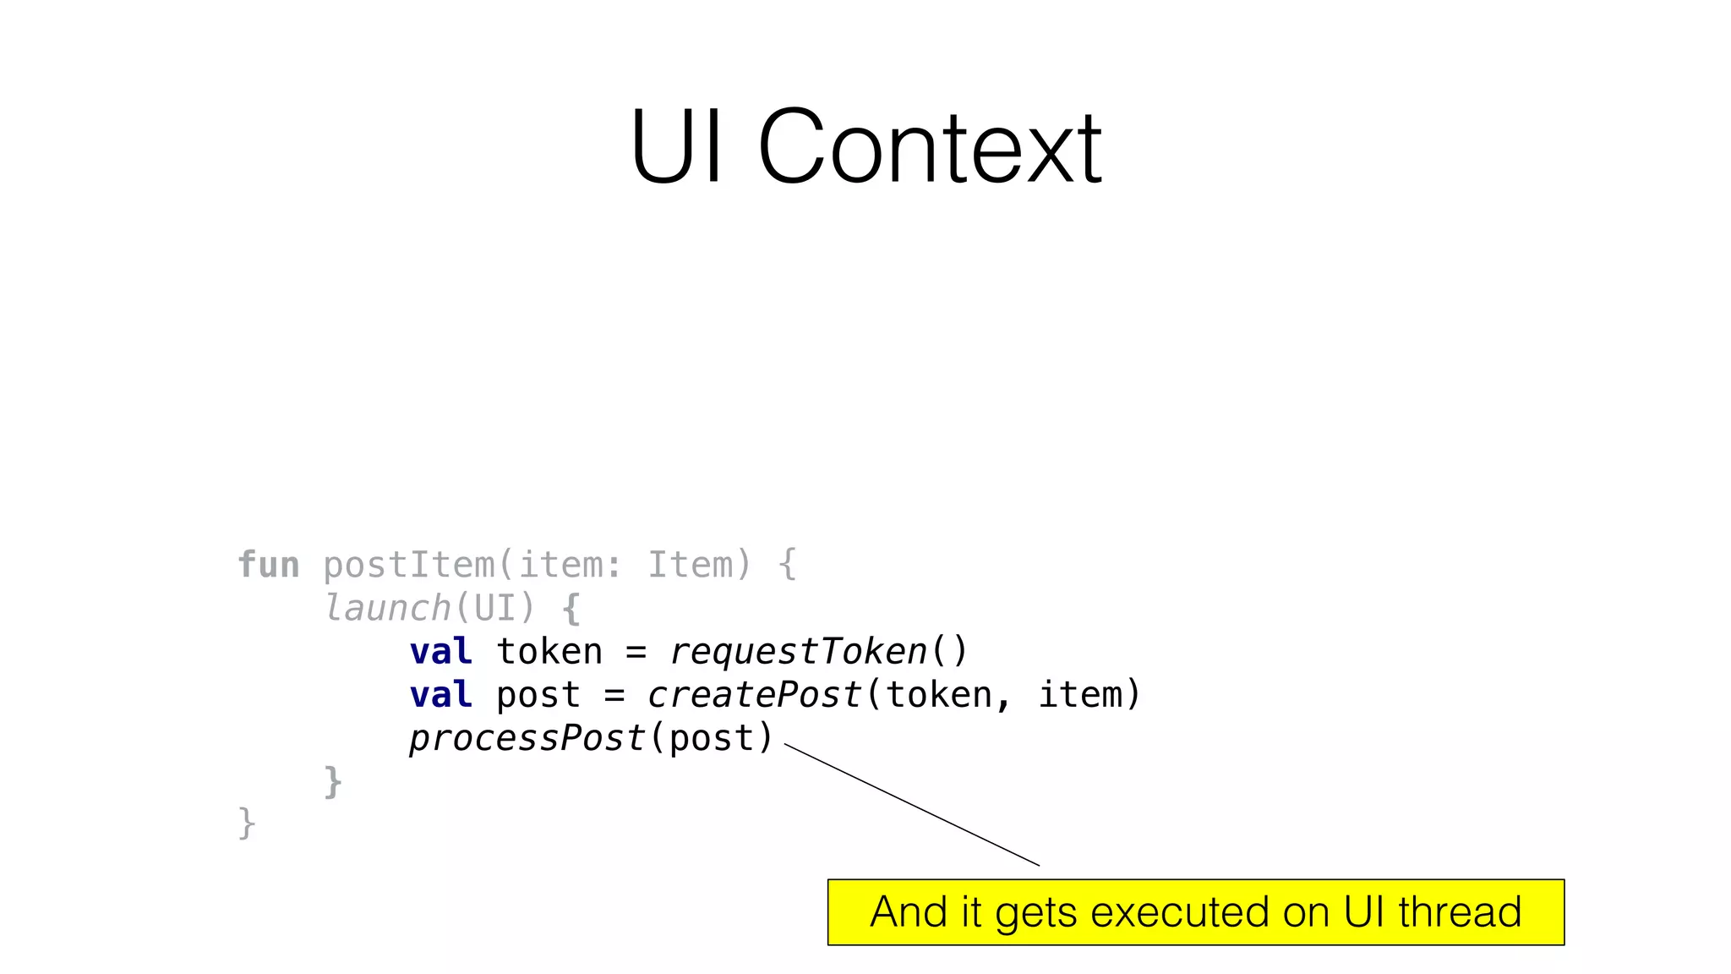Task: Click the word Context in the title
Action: tap(930, 148)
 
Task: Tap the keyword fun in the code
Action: tap(268, 565)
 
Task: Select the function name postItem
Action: tap(409, 565)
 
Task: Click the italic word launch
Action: tap(388, 608)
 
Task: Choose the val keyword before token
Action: tap(440, 652)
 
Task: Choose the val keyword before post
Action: tap(440, 695)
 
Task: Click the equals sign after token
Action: tap(636, 653)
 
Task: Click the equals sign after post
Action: tap(614, 696)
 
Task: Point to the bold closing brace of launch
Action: tap(333, 781)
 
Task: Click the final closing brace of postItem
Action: tap(246, 824)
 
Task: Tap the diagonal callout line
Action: tap(913, 805)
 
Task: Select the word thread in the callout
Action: tap(1459, 912)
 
